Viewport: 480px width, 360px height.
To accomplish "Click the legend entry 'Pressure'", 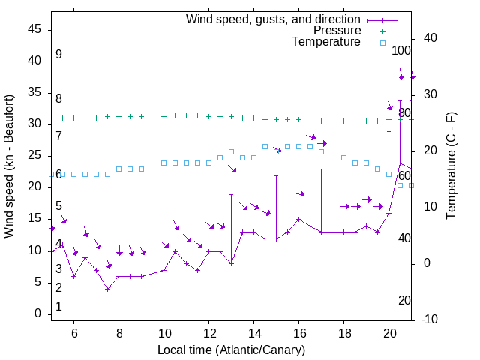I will click(337, 31).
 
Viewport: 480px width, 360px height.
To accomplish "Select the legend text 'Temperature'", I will click(326, 42).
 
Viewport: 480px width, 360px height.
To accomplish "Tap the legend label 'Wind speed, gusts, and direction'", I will click(274, 19).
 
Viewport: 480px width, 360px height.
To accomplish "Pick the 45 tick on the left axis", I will click(34, 29).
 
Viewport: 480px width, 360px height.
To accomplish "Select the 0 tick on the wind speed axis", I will click(37, 314).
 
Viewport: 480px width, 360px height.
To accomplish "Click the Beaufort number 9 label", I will click(58, 55).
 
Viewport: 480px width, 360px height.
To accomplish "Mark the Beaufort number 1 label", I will click(58, 307).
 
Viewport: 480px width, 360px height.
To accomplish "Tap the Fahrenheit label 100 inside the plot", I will click(402, 50).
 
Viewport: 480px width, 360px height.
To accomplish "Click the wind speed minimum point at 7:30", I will click(107, 289).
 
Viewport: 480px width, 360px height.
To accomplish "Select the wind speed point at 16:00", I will click(298, 220).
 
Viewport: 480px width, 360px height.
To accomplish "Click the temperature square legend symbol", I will click(382, 43).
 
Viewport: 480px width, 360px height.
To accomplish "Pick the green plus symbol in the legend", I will click(382, 31).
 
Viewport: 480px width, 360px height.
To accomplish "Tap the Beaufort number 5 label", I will click(58, 206).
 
